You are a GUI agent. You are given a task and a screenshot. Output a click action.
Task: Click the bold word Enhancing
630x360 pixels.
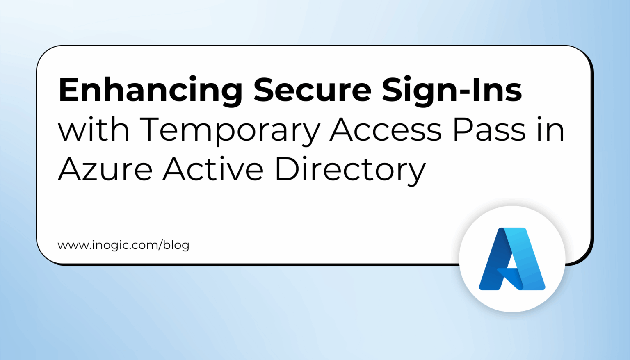pos(151,90)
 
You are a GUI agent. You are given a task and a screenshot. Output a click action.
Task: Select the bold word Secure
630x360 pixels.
pos(313,89)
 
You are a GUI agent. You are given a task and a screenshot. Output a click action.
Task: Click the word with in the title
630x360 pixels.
pos(94,130)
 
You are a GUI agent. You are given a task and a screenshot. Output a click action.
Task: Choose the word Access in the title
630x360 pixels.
pos(386,130)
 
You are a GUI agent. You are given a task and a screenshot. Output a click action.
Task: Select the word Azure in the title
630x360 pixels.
pos(105,169)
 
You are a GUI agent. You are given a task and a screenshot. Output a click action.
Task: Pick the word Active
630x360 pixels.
pos(213,169)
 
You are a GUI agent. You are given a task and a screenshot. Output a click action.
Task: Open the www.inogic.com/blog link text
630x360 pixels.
pos(123,245)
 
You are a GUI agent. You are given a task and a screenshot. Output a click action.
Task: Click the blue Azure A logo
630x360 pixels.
pos(512,259)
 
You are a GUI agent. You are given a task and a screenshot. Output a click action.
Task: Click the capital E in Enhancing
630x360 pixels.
pos(69,89)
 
